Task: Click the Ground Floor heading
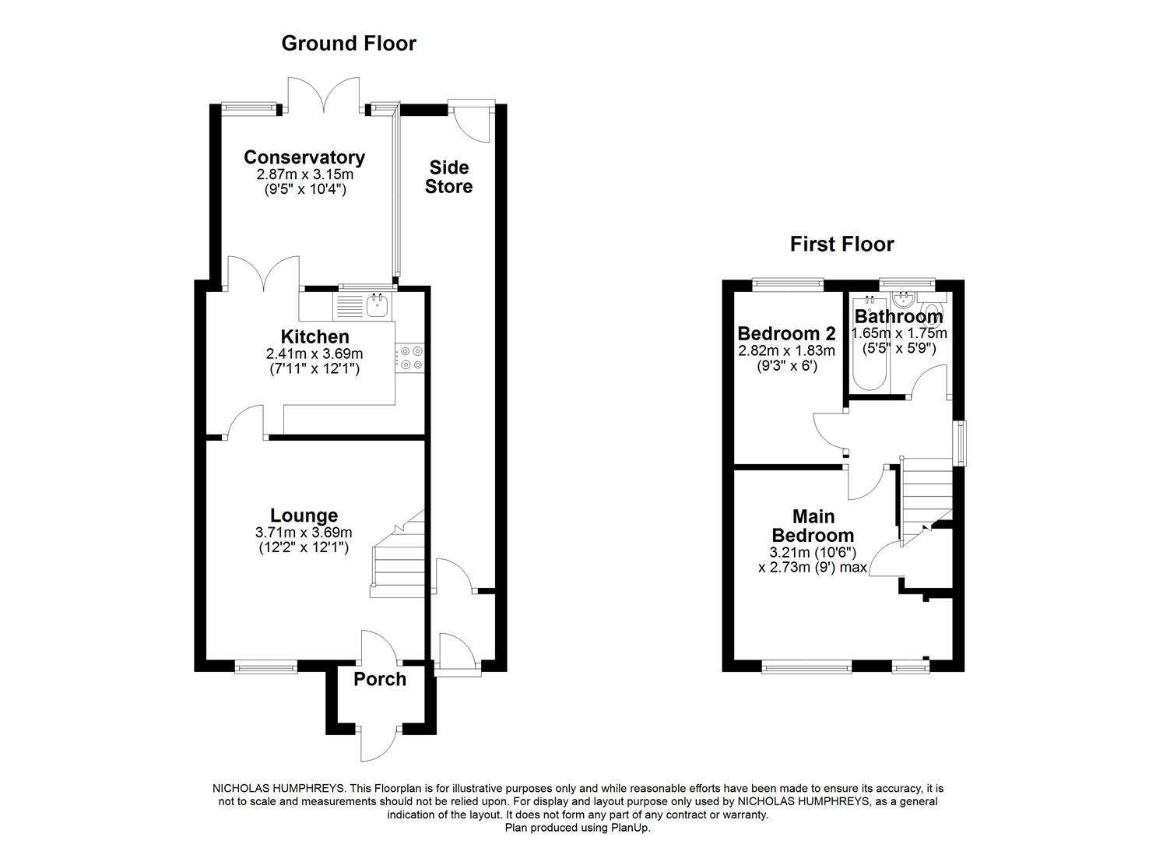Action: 348,44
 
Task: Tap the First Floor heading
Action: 842,245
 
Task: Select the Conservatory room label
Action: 304,157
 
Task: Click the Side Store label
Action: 448,177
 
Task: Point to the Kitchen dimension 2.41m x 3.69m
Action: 314,354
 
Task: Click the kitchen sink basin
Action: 378,306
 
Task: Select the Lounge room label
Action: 304,516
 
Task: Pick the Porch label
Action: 380,679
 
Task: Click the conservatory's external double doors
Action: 324,94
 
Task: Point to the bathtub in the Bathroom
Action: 870,343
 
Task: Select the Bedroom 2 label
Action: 786,333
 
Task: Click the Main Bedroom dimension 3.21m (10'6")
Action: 813,553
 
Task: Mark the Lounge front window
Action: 266,668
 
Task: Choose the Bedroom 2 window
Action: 788,283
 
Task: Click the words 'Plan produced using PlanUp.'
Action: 578,828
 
